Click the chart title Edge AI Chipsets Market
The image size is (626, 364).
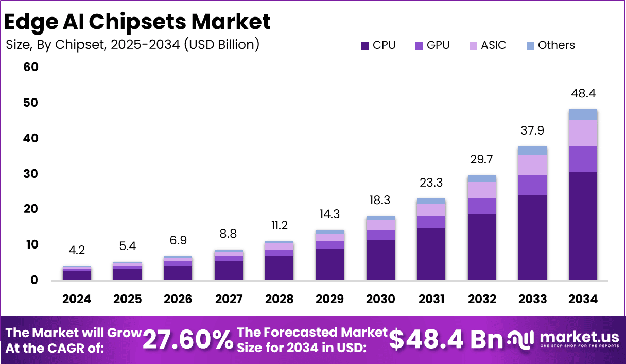click(x=137, y=22)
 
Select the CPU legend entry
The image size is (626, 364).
click(x=378, y=45)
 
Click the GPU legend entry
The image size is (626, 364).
click(x=432, y=45)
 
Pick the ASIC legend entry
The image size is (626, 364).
click(x=488, y=45)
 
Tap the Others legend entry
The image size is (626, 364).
click(x=550, y=45)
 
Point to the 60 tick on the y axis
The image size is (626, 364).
click(x=31, y=68)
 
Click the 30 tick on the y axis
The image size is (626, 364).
click(x=31, y=174)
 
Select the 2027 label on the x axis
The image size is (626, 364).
click(x=229, y=300)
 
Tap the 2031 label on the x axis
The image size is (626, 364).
click(x=431, y=300)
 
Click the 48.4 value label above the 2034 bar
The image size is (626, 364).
click(x=583, y=94)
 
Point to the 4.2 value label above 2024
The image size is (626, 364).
click(x=77, y=251)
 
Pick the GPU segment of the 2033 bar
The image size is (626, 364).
click(x=532, y=185)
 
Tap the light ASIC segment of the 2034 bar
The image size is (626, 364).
click(x=583, y=133)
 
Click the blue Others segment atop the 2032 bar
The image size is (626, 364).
click(x=482, y=178)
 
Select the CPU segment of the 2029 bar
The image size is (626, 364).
click(x=330, y=264)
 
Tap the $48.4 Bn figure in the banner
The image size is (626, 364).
click(x=445, y=340)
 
